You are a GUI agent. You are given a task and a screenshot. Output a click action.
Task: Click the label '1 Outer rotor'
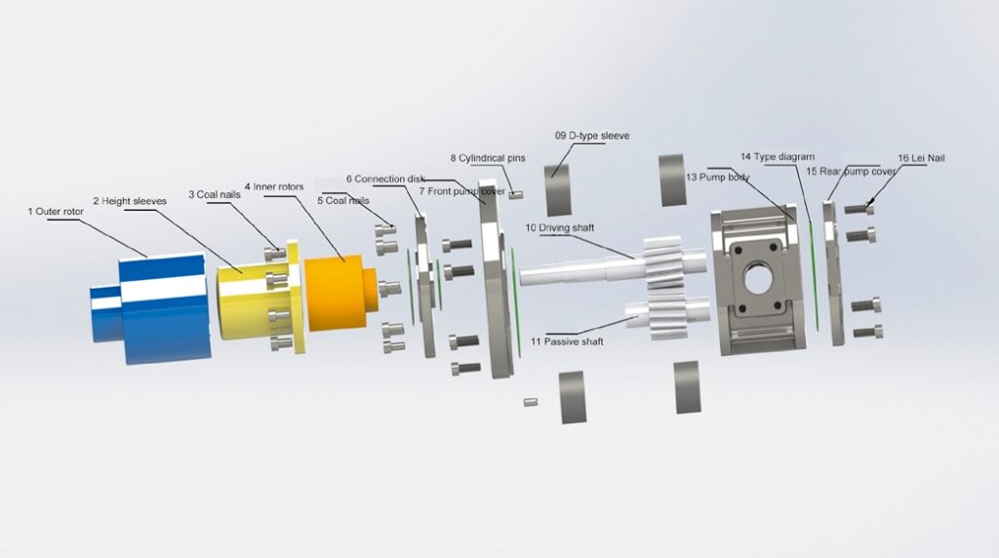tap(56, 212)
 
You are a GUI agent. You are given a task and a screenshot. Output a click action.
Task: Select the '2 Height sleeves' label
tap(130, 201)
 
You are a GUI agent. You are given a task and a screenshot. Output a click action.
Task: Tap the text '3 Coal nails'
tap(215, 194)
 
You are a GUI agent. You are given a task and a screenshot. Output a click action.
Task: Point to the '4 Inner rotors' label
tap(274, 186)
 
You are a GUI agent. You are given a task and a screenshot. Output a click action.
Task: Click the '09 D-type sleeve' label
tap(592, 136)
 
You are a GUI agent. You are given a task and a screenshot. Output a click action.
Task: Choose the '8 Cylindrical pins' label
tap(488, 158)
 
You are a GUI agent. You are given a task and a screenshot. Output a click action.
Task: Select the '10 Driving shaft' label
tap(559, 228)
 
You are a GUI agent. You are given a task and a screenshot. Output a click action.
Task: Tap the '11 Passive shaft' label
tap(567, 341)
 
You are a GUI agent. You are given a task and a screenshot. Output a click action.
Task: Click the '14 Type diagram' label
tap(778, 157)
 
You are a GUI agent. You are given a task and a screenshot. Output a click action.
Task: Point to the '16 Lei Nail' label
tap(921, 158)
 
